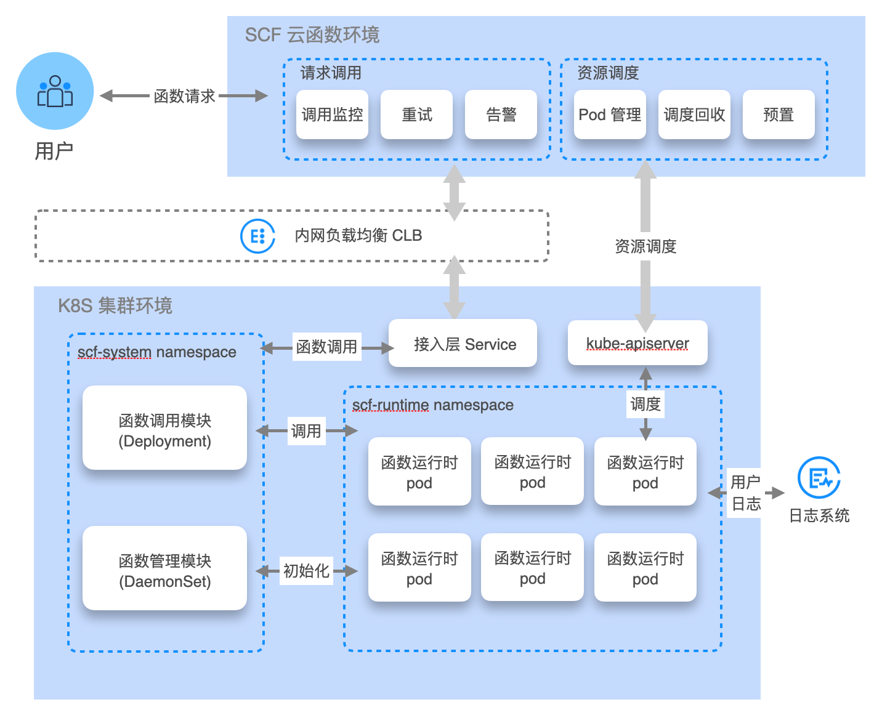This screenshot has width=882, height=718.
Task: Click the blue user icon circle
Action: click(x=55, y=91)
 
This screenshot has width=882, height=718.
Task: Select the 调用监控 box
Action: click(x=332, y=115)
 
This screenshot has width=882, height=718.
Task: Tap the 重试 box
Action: click(x=416, y=115)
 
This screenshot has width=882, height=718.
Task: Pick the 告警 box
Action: click(x=501, y=115)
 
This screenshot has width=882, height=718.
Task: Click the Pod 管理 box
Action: click(x=610, y=115)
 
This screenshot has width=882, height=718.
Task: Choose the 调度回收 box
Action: click(x=694, y=115)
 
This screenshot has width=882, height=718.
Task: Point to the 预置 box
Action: click(x=779, y=115)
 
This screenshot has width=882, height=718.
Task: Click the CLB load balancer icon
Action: click(x=257, y=236)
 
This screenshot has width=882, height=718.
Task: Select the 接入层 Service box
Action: click(x=463, y=344)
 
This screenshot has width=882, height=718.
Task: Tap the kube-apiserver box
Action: click(x=637, y=343)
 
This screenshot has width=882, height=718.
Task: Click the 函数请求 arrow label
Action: click(x=184, y=96)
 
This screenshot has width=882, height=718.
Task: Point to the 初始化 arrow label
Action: click(x=306, y=571)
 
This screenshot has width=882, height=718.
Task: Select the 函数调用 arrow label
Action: click(x=326, y=347)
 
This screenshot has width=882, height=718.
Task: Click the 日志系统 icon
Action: click(x=819, y=478)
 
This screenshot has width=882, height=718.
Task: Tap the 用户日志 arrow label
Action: click(x=745, y=493)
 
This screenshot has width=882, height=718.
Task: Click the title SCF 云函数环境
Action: click(x=312, y=35)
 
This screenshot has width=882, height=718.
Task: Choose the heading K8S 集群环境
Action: click(x=115, y=305)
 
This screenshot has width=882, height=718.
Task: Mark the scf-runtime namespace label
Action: click(x=433, y=405)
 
